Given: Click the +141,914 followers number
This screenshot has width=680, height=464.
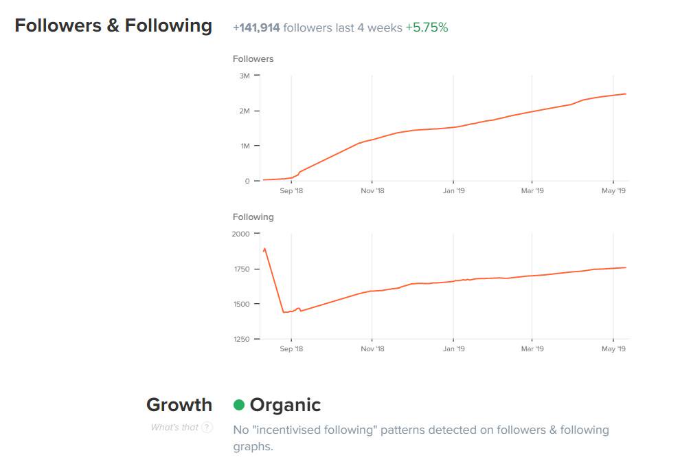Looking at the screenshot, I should [256, 28].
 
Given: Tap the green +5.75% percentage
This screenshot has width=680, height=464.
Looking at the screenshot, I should [427, 28].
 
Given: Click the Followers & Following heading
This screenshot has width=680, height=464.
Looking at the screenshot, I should [113, 26].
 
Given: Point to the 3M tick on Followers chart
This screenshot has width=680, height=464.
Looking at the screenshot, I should [245, 76].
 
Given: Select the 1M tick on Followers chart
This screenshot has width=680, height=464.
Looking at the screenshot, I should [245, 146].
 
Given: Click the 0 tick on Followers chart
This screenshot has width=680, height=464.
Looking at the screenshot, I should [247, 181].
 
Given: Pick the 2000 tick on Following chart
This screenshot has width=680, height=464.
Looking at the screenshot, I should [241, 234].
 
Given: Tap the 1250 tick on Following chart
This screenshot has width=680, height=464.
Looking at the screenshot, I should [241, 339].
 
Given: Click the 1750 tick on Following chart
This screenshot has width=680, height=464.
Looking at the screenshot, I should [241, 269].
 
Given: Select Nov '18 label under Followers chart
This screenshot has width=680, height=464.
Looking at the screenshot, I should [372, 191].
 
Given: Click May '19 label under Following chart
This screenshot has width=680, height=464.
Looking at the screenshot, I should [613, 349].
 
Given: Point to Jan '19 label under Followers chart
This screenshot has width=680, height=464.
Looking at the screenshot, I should [453, 191].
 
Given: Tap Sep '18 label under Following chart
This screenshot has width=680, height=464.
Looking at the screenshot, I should [291, 349].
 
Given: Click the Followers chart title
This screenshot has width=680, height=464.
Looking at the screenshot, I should [253, 59].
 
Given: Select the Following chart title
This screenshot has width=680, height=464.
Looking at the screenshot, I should [253, 217].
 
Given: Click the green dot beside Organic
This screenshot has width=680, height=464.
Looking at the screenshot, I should [239, 405].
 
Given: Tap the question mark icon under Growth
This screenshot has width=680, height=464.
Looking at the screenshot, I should [207, 428].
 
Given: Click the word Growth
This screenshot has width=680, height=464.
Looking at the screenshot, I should [179, 405].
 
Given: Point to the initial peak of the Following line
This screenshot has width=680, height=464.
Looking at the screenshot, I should [264, 249].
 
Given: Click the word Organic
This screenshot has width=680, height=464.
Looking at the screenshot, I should [285, 405].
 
